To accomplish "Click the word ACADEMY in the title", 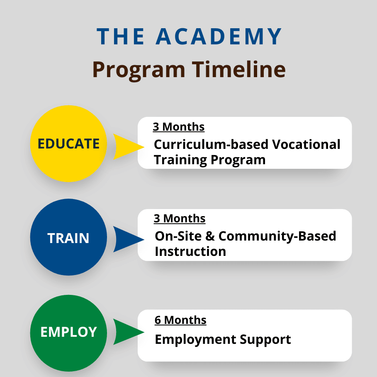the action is click(219, 36).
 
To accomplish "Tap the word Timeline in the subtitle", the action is click(239, 69).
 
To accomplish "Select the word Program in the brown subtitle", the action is click(139, 71).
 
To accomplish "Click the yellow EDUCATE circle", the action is click(68, 144).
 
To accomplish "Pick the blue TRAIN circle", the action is click(68, 237).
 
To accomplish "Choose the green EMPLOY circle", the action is click(68, 333).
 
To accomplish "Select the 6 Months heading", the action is click(180, 320).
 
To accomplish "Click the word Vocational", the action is click(306, 144).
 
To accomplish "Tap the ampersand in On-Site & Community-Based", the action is click(210, 236).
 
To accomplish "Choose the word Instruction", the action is click(190, 251).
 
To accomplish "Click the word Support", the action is click(265, 340).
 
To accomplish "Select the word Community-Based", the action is click(277, 236).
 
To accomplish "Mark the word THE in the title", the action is click(121, 36).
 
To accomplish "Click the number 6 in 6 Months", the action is click(158, 320).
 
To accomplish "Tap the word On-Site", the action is click(178, 236).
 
